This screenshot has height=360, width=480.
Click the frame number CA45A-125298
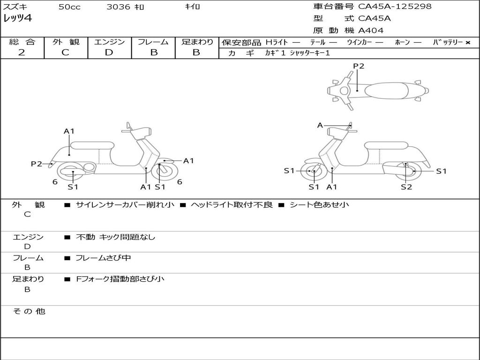pos(395,7)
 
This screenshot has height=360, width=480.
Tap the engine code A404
pos(371,30)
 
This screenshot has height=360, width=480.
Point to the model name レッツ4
pos(18,19)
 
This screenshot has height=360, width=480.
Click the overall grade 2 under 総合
pos(22,52)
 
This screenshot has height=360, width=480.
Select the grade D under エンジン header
pos(109,52)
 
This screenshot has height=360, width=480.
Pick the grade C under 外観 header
pos(65,52)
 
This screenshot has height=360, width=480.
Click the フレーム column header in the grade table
pos(153,42)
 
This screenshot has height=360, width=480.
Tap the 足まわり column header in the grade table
pos(197,42)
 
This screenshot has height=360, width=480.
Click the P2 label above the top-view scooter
pos(359,66)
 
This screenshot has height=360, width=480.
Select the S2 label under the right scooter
pos(406,187)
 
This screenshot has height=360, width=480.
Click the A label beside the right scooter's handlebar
pos(320,125)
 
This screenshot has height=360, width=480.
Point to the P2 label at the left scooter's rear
pos(37,164)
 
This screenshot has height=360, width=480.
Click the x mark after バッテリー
pos(468,43)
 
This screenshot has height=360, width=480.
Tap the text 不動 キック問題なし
pos(115,237)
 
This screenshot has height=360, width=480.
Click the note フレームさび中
pos(103,258)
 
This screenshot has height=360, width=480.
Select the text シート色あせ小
pos(319,205)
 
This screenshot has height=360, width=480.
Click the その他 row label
pos(28,311)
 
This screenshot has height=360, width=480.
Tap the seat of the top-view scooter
pos(390,90)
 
